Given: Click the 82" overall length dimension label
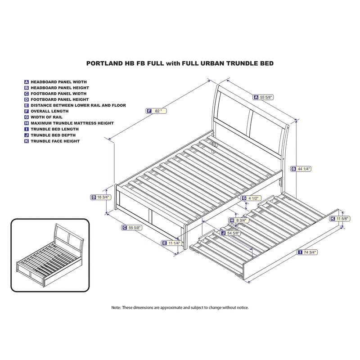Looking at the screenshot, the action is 157,111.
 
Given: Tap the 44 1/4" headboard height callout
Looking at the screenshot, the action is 301,169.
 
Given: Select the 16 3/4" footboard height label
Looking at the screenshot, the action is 100,197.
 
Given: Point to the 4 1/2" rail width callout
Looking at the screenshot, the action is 252,198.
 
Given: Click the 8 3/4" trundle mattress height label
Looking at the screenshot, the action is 239,220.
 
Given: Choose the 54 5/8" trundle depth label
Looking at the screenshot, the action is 230,233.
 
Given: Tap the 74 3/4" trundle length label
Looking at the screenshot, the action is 307,252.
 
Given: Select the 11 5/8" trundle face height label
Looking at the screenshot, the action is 340,219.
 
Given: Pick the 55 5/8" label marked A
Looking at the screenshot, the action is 264,97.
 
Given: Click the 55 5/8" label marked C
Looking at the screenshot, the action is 132,228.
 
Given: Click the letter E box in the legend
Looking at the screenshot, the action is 27,105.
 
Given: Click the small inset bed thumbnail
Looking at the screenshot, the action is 50,255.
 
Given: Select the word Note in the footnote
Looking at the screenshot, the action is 116,307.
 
